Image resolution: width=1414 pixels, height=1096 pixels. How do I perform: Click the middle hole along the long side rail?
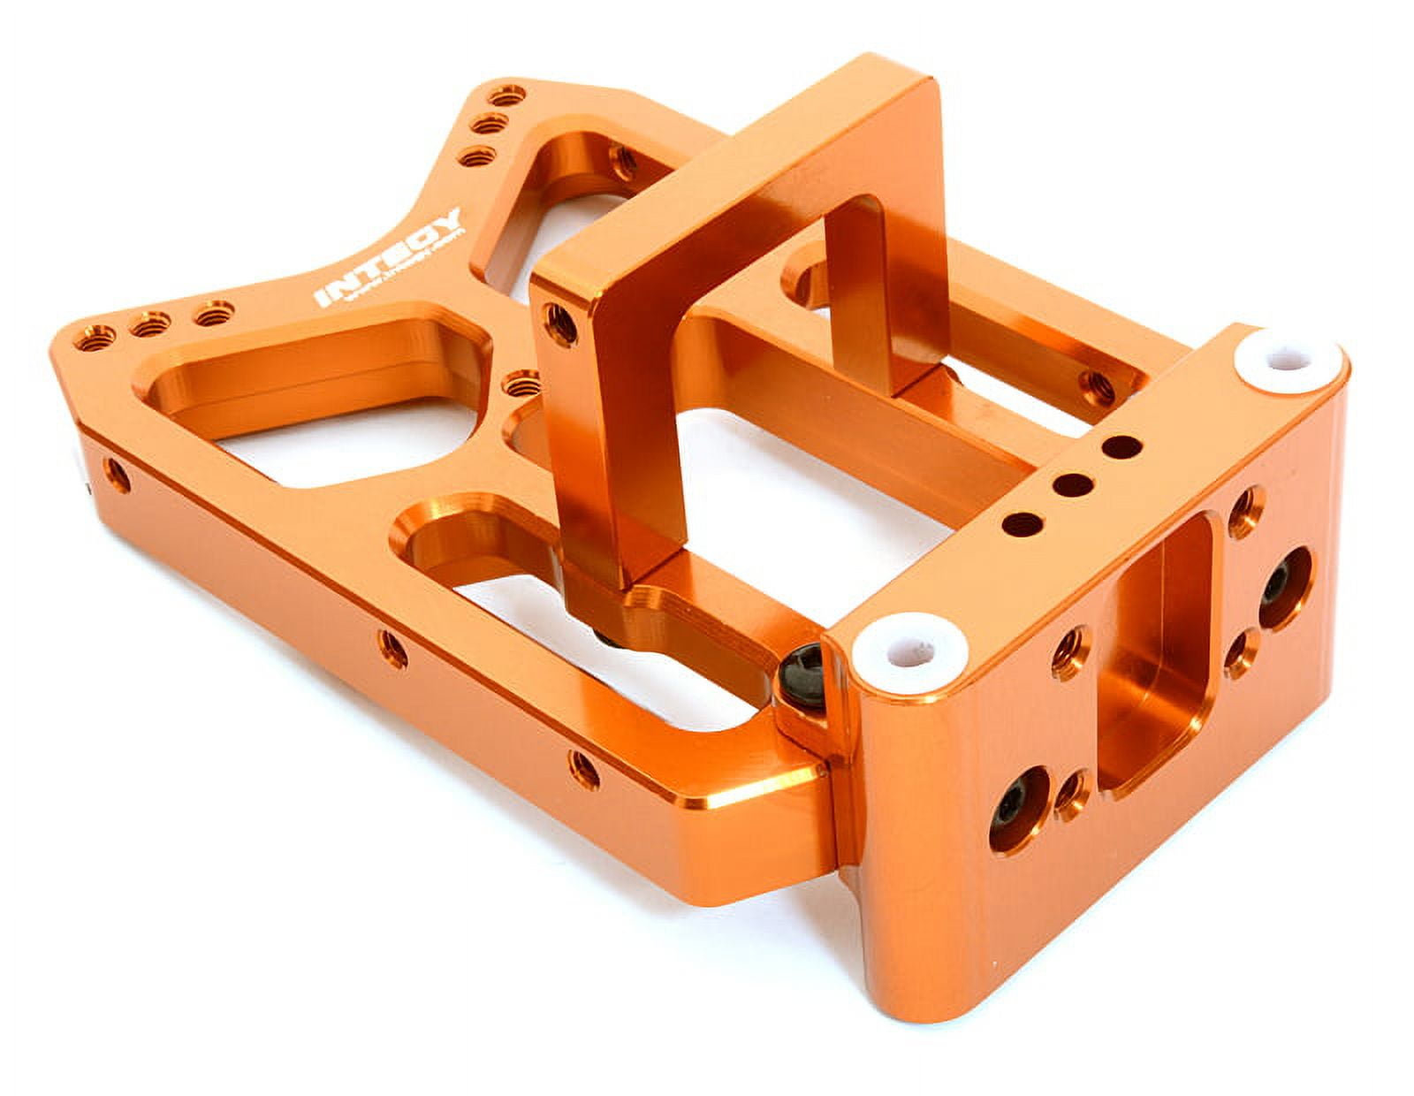tap(392, 651)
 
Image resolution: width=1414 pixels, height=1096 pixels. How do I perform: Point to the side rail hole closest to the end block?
tap(584, 767)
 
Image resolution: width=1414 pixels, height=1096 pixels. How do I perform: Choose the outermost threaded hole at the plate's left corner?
tap(95, 337)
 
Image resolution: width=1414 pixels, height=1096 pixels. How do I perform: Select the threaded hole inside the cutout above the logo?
tap(624, 160)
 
